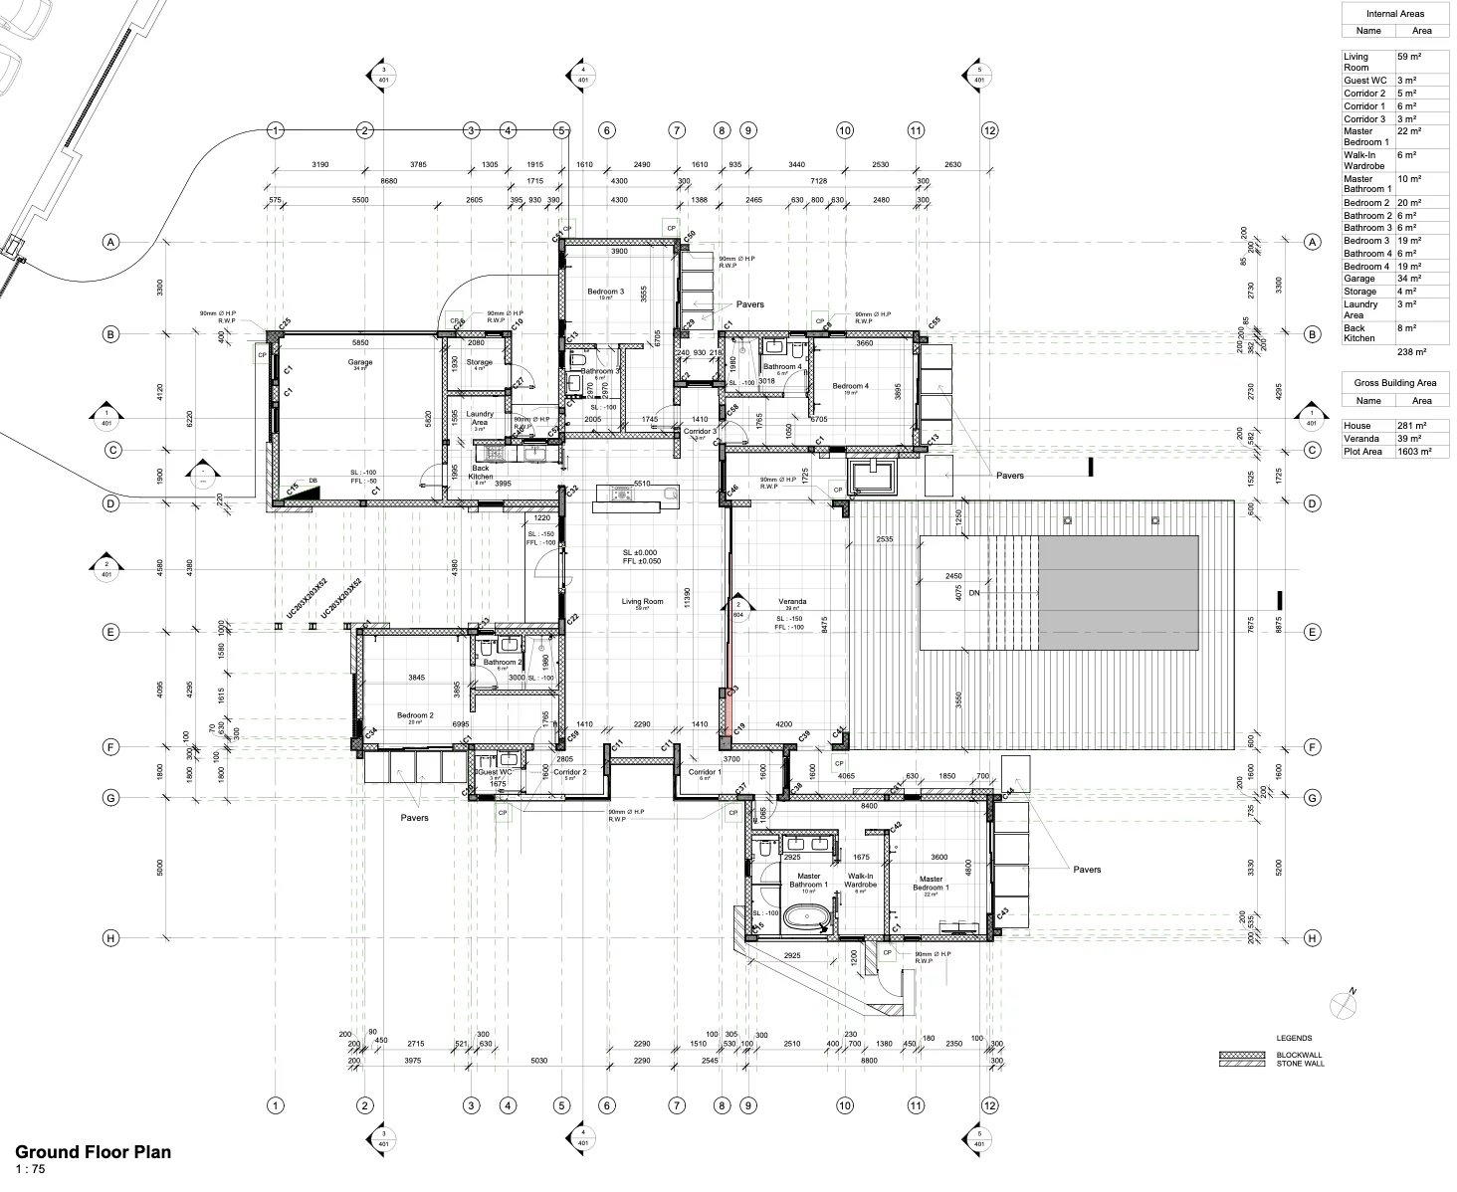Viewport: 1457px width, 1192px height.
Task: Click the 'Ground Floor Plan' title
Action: pos(93,1152)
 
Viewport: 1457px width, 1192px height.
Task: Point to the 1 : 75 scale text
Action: pos(30,1169)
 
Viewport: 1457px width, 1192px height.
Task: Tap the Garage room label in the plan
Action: pos(359,363)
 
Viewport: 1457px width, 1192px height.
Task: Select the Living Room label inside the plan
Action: pos(643,602)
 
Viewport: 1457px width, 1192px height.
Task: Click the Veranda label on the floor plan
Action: pos(792,602)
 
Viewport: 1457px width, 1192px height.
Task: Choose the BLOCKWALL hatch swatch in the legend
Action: pos(1240,1055)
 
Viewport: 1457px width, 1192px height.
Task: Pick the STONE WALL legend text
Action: pos(1300,1064)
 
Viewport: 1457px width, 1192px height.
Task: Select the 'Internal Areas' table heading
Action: pos(1394,14)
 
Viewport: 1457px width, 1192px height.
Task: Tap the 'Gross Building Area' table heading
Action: pos(1394,383)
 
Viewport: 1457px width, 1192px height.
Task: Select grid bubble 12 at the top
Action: pos(988,130)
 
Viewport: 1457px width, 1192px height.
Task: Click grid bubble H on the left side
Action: pos(112,938)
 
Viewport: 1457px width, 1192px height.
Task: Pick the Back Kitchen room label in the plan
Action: pos(481,473)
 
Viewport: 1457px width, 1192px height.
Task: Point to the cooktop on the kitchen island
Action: pos(623,492)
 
